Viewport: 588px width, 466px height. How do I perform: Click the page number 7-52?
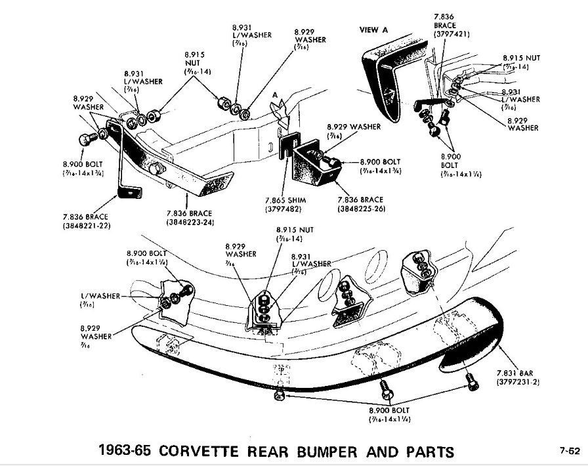coord(569,450)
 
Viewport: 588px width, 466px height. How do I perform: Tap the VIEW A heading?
coord(374,30)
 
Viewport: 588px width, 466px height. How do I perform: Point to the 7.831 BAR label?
coord(514,372)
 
